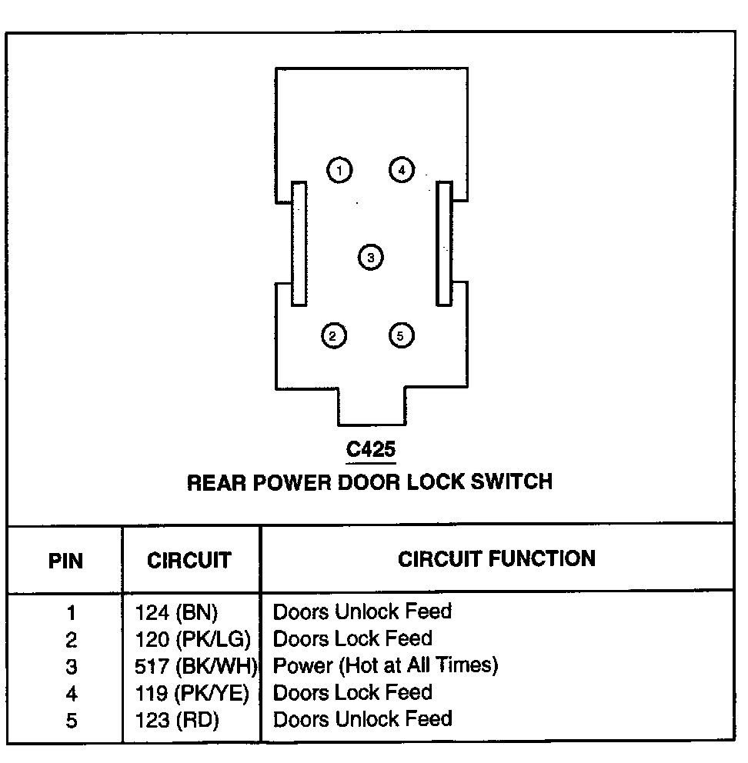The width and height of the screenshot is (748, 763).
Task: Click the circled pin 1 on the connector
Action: click(x=339, y=170)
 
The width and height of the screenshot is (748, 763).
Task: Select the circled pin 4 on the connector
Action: click(x=402, y=169)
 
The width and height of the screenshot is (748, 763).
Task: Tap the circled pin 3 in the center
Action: click(x=370, y=257)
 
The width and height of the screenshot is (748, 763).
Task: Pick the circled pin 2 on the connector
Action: click(x=333, y=335)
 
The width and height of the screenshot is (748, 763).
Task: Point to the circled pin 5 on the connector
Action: click(x=401, y=335)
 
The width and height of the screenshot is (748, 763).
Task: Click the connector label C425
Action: click(x=371, y=449)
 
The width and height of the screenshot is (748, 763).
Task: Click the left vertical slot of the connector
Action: click(x=299, y=244)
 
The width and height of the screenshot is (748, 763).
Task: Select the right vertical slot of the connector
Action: click(x=443, y=244)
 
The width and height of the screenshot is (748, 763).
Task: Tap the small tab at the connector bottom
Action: click(x=372, y=406)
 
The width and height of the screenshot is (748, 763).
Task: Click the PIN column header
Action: click(x=65, y=560)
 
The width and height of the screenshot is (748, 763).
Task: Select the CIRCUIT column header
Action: click(x=189, y=560)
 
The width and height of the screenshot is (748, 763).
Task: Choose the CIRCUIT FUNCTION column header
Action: click(x=496, y=558)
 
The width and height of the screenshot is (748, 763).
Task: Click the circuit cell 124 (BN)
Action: click(x=176, y=613)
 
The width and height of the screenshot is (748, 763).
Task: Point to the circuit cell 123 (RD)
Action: click(x=176, y=720)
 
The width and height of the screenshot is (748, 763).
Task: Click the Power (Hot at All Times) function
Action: click(x=386, y=665)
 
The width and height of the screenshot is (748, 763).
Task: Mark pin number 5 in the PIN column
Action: click(x=71, y=721)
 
